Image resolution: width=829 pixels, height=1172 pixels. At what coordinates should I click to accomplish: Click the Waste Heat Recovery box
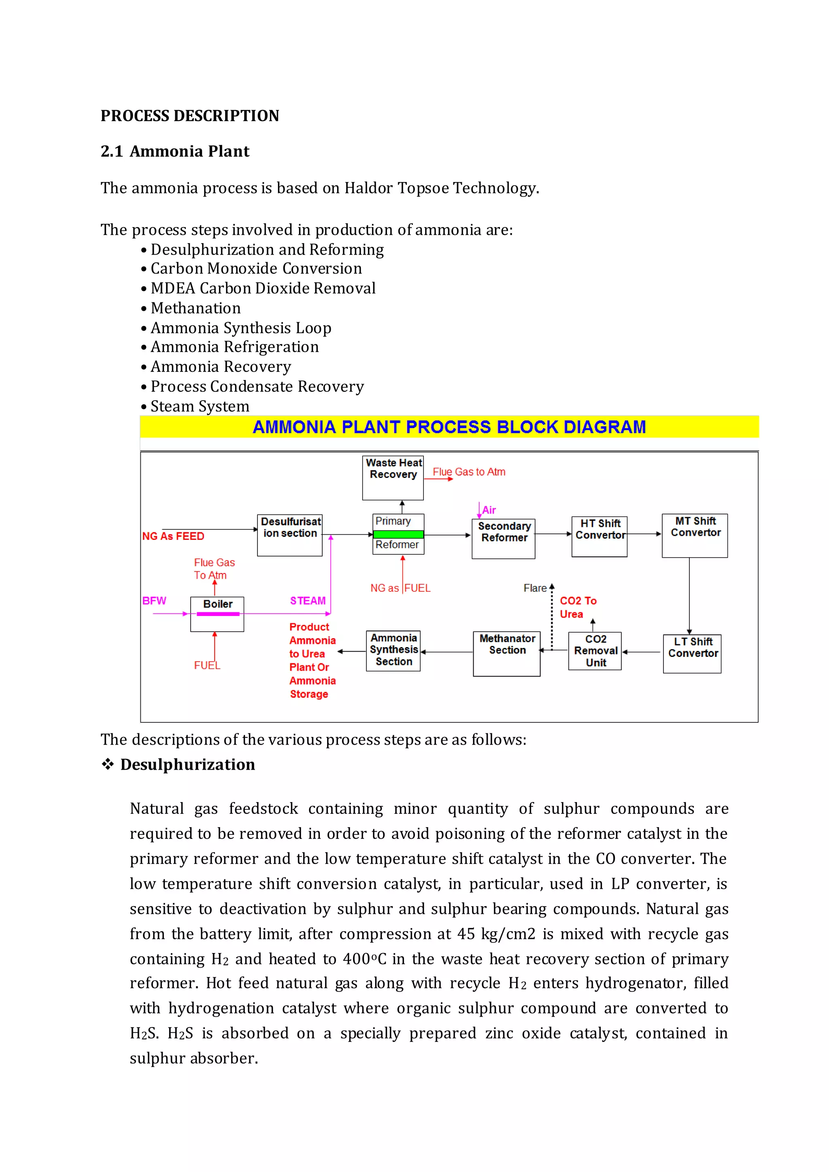click(393, 478)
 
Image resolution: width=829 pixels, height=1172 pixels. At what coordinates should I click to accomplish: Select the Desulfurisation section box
click(289, 535)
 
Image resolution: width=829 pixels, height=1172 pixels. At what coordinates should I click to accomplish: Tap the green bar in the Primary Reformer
click(398, 534)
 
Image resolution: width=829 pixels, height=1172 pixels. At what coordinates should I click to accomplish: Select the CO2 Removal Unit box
click(595, 651)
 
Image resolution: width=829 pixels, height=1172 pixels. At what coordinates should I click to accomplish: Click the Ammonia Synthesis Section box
click(393, 650)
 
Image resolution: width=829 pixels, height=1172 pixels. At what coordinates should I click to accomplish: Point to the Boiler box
click(217, 614)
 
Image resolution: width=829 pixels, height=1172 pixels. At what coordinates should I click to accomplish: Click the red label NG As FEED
click(173, 536)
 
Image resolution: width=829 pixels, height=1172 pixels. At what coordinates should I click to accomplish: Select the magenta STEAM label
click(308, 601)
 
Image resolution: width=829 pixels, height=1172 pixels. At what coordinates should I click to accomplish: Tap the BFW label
click(154, 601)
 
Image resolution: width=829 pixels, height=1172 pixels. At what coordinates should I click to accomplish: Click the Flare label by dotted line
click(535, 588)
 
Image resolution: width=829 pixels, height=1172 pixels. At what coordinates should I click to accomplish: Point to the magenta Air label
click(489, 510)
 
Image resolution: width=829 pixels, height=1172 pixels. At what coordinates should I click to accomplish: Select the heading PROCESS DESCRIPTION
click(190, 116)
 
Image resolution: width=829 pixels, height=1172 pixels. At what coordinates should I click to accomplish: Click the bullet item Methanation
click(196, 308)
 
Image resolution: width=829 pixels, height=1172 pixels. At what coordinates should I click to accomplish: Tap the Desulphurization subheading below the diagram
click(187, 764)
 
